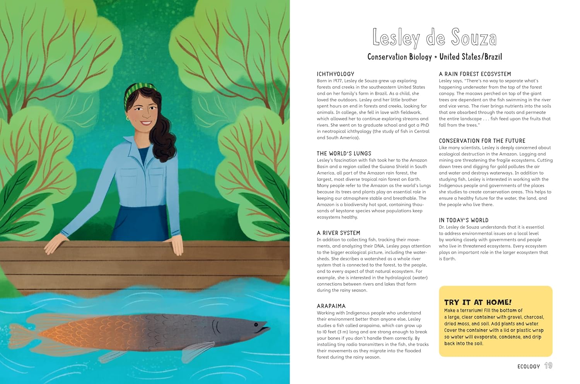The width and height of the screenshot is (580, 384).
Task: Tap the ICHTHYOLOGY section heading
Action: pyautogui.click(x=335, y=74)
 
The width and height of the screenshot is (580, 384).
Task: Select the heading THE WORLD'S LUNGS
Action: pyautogui.click(x=344, y=154)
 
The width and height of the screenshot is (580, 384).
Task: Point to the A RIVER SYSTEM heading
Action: pyautogui.click(x=338, y=233)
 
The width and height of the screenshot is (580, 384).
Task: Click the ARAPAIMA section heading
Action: pyautogui.click(x=331, y=306)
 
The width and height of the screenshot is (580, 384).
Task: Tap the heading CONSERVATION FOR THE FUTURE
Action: pyautogui.click(x=482, y=141)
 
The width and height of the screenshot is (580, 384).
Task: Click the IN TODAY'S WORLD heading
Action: pyautogui.click(x=464, y=220)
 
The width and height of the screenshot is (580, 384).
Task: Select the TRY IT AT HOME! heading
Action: pyautogui.click(x=478, y=302)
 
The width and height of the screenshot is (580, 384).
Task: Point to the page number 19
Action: pyautogui.click(x=548, y=366)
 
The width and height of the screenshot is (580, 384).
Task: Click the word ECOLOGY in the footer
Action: pyautogui.click(x=528, y=366)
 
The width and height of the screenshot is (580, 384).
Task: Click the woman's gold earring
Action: pyautogui.click(x=128, y=118)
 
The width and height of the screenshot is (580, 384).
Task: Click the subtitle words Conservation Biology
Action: pyautogui.click(x=399, y=57)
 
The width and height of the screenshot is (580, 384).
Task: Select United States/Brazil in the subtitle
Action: pyautogui.click(x=471, y=57)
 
